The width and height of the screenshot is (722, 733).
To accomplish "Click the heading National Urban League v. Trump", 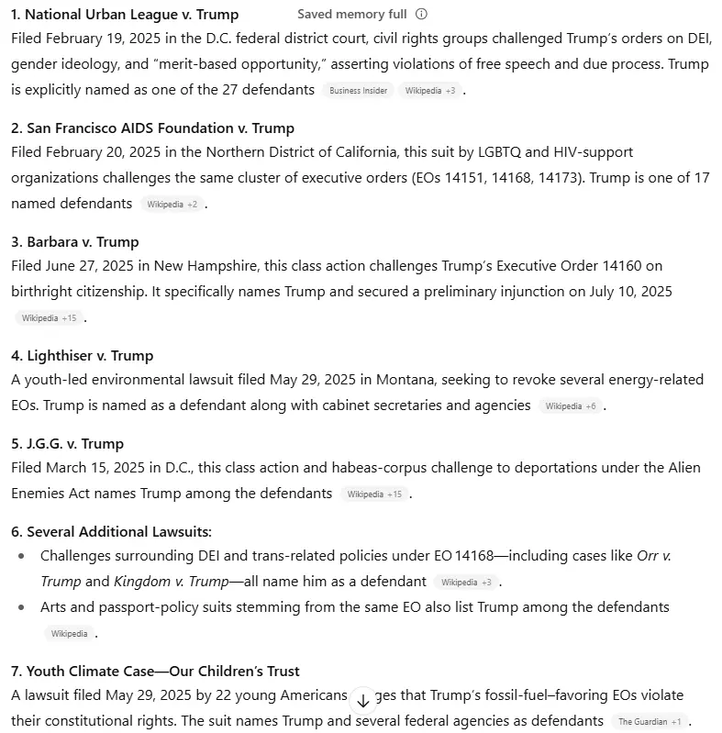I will point(125,15).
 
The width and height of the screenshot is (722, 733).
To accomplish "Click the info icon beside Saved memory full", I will point(421,15).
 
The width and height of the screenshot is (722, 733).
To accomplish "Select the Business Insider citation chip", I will point(358,91).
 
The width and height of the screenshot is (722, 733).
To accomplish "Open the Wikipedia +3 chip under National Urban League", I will point(429,91).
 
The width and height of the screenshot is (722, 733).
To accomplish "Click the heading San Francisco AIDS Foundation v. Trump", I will point(152,128).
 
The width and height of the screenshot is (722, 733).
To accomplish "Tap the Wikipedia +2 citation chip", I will point(172,205).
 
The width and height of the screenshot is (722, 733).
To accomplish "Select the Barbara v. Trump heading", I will point(75,242).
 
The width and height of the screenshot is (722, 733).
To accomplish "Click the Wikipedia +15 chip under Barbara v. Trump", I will point(49,318).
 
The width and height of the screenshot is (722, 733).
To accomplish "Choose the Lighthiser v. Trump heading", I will point(82,356).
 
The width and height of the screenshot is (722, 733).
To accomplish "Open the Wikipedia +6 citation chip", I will point(570,405).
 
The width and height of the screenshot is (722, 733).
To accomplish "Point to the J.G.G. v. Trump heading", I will point(67,444).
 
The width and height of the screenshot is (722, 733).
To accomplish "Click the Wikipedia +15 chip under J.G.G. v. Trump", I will point(374,494).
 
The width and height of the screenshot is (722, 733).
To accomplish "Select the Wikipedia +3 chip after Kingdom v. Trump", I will point(466,583).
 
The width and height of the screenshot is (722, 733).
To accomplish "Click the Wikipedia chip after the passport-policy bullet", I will point(69,634).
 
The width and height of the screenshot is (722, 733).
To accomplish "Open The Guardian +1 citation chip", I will point(649,722).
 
